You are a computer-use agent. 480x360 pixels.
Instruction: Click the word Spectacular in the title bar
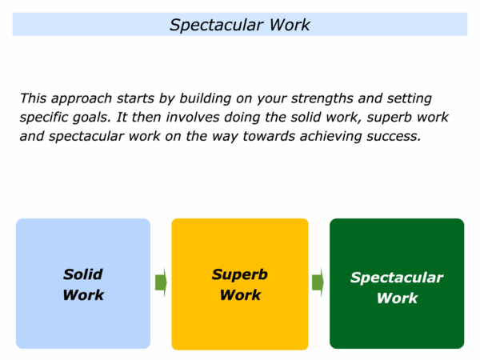(x=217, y=26)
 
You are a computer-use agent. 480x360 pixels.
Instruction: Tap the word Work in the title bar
(x=290, y=25)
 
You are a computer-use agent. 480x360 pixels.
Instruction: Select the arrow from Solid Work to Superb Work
(x=161, y=282)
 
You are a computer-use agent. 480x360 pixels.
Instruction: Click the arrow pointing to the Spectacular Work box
(x=318, y=282)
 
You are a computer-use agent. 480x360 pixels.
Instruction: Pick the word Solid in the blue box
(x=83, y=274)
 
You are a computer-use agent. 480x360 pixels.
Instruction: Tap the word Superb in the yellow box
(x=240, y=275)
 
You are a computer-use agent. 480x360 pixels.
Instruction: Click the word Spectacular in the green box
(x=397, y=278)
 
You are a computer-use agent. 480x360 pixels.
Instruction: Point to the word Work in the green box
(x=397, y=298)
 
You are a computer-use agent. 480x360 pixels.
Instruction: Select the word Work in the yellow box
(x=240, y=295)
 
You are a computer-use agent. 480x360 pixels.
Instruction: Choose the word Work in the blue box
(x=83, y=295)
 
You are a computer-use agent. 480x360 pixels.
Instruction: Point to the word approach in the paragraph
(x=82, y=99)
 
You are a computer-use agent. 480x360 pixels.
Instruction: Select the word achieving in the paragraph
(x=331, y=137)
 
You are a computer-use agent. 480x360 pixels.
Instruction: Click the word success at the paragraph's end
(x=394, y=137)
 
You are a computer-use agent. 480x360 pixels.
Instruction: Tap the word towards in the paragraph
(x=269, y=137)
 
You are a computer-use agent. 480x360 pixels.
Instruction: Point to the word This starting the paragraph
(x=33, y=98)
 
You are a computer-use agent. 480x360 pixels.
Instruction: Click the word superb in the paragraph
(x=387, y=118)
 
